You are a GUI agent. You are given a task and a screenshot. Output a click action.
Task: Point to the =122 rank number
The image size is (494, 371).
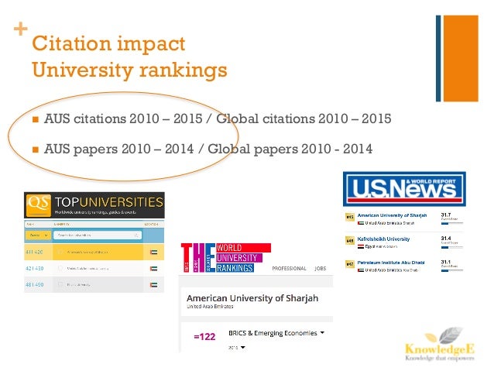tap(204, 337)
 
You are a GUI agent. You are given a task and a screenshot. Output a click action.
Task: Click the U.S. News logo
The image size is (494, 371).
tap(400, 190)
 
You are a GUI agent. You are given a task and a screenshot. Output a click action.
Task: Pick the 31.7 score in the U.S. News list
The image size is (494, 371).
tap(445, 214)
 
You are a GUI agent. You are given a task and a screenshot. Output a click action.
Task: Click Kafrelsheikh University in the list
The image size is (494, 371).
tap(389, 239)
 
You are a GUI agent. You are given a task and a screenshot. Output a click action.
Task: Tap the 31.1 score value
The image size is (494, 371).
tap(445, 263)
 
